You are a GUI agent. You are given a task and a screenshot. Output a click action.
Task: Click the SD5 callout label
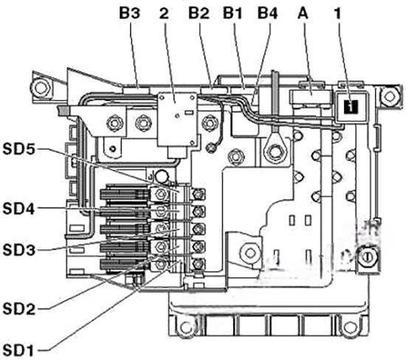(18, 149)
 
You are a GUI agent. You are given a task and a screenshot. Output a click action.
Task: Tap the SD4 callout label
(18, 209)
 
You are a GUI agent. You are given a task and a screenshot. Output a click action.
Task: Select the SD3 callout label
(18, 250)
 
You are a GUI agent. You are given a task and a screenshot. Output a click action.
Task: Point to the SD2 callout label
(18, 309)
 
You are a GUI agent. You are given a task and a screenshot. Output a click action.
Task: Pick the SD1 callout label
(18, 350)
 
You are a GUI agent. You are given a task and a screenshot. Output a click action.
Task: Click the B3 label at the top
(129, 13)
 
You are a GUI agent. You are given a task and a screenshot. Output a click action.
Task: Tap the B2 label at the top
(199, 13)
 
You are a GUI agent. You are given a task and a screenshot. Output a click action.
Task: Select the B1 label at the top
(233, 13)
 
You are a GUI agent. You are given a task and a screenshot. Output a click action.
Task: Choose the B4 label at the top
(267, 13)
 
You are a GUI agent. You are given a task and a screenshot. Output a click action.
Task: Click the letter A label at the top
(303, 13)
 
